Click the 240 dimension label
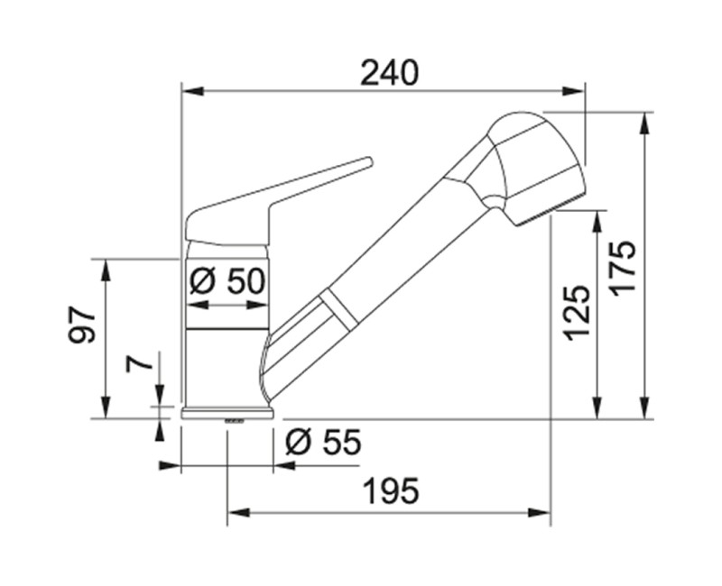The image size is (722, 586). (389, 73)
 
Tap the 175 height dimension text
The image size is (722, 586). (622, 266)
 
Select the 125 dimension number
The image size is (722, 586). (577, 313)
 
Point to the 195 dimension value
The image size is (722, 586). (392, 490)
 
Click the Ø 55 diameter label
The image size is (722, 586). (323, 443)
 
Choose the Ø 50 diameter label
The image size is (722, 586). (227, 280)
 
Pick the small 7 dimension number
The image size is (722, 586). (139, 362)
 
